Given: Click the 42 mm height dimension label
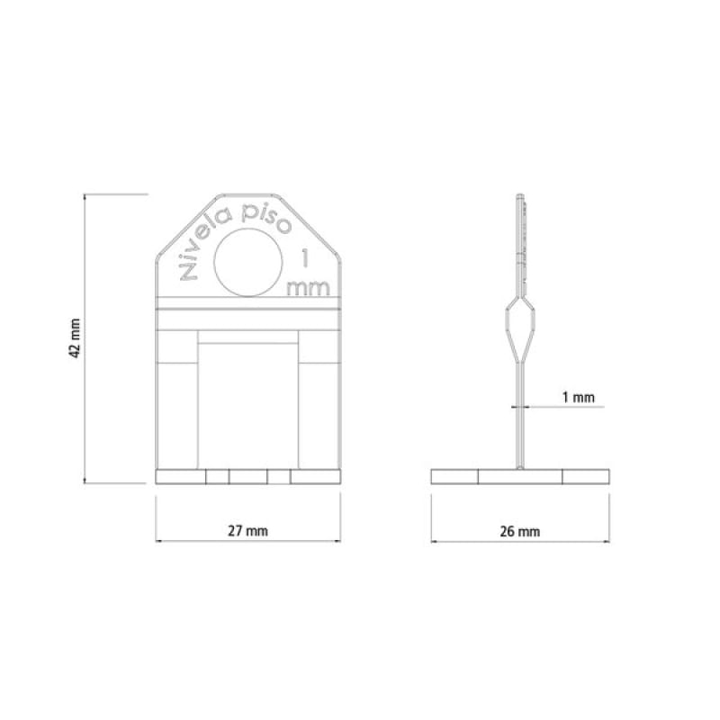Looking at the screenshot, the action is [x=75, y=338].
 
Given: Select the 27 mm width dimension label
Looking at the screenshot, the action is [x=248, y=531].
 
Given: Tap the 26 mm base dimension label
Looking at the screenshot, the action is [x=520, y=532].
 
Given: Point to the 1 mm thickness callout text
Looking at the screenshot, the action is [x=579, y=397].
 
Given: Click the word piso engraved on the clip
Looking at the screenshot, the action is [x=266, y=219].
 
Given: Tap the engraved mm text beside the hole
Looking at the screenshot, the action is [x=308, y=288].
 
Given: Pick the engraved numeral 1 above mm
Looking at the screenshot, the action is [x=303, y=258].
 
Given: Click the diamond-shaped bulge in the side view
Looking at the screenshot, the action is [x=520, y=328].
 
